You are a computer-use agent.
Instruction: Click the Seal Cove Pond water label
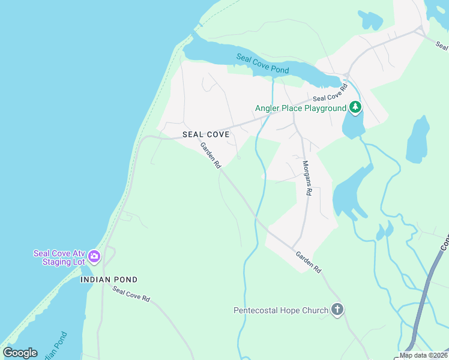(x=262, y=64)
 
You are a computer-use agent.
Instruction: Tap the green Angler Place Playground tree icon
(x=356, y=108)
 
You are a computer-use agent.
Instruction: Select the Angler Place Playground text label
(x=301, y=109)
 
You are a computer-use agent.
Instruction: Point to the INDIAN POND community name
(x=109, y=280)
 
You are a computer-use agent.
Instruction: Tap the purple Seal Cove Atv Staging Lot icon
(x=94, y=257)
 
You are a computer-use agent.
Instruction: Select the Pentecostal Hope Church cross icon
(x=337, y=310)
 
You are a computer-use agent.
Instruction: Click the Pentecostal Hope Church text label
(x=281, y=311)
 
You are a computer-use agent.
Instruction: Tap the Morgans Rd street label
(x=307, y=178)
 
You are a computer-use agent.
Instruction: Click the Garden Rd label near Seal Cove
(x=211, y=155)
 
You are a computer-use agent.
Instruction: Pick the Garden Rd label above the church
(x=308, y=262)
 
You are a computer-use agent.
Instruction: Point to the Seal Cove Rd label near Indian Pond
(x=130, y=294)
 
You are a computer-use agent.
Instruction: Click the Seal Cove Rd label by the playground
(x=330, y=94)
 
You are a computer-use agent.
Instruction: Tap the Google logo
(x=20, y=353)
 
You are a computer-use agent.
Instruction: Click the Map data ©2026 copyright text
(x=424, y=355)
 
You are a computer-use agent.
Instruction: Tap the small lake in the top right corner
(x=370, y=20)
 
